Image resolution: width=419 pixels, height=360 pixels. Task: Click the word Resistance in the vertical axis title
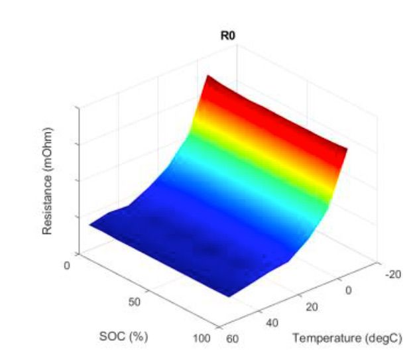coord(47,201)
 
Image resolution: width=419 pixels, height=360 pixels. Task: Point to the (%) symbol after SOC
coord(137,336)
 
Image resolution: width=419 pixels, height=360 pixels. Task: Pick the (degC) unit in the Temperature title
coord(383,338)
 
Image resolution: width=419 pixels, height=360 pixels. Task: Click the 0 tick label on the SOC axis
coord(67,265)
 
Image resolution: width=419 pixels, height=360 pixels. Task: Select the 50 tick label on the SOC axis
coord(135,302)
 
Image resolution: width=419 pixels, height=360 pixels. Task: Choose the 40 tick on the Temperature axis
coord(272,323)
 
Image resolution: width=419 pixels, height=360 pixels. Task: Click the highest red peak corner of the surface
coord(209,76)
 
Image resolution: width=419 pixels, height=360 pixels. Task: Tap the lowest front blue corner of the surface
coord(230,296)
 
